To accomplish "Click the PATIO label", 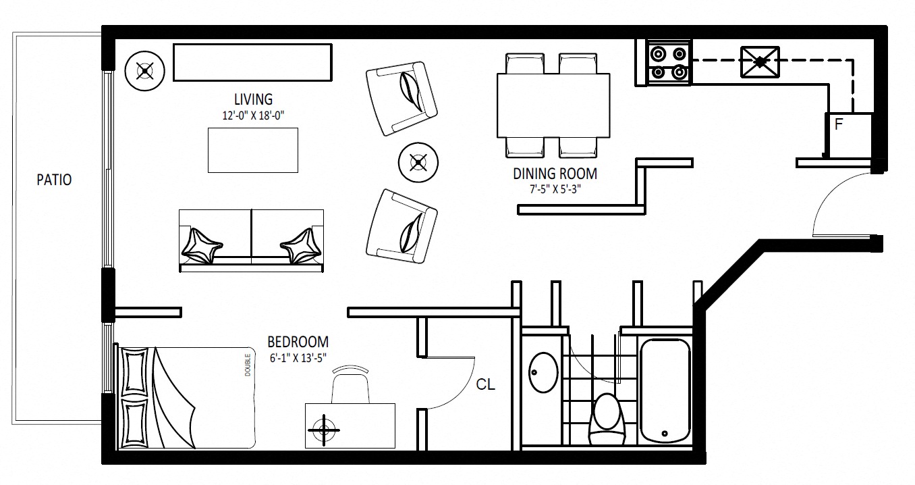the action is [54, 180].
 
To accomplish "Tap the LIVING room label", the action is [253, 99].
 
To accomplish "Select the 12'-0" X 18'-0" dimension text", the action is [253, 116].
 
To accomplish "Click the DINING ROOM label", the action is [555, 174].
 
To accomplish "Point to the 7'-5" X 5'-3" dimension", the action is [555, 189].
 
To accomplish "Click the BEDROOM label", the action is [298, 342].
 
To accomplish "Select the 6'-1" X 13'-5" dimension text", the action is [298, 358].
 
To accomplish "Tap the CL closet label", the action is [485, 384].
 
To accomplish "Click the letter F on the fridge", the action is [838, 124].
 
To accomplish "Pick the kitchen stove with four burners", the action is [669, 63].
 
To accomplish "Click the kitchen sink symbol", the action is [760, 62].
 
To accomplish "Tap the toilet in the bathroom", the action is [607, 419].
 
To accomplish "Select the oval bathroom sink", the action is [543, 373].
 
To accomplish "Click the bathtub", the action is [665, 391].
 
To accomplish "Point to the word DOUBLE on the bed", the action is [248, 365].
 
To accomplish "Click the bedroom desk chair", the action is [350, 384].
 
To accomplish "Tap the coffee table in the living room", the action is [253, 150].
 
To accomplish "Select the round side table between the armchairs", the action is [418, 162].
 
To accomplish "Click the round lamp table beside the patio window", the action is [144, 71].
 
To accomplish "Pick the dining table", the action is [553, 105].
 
